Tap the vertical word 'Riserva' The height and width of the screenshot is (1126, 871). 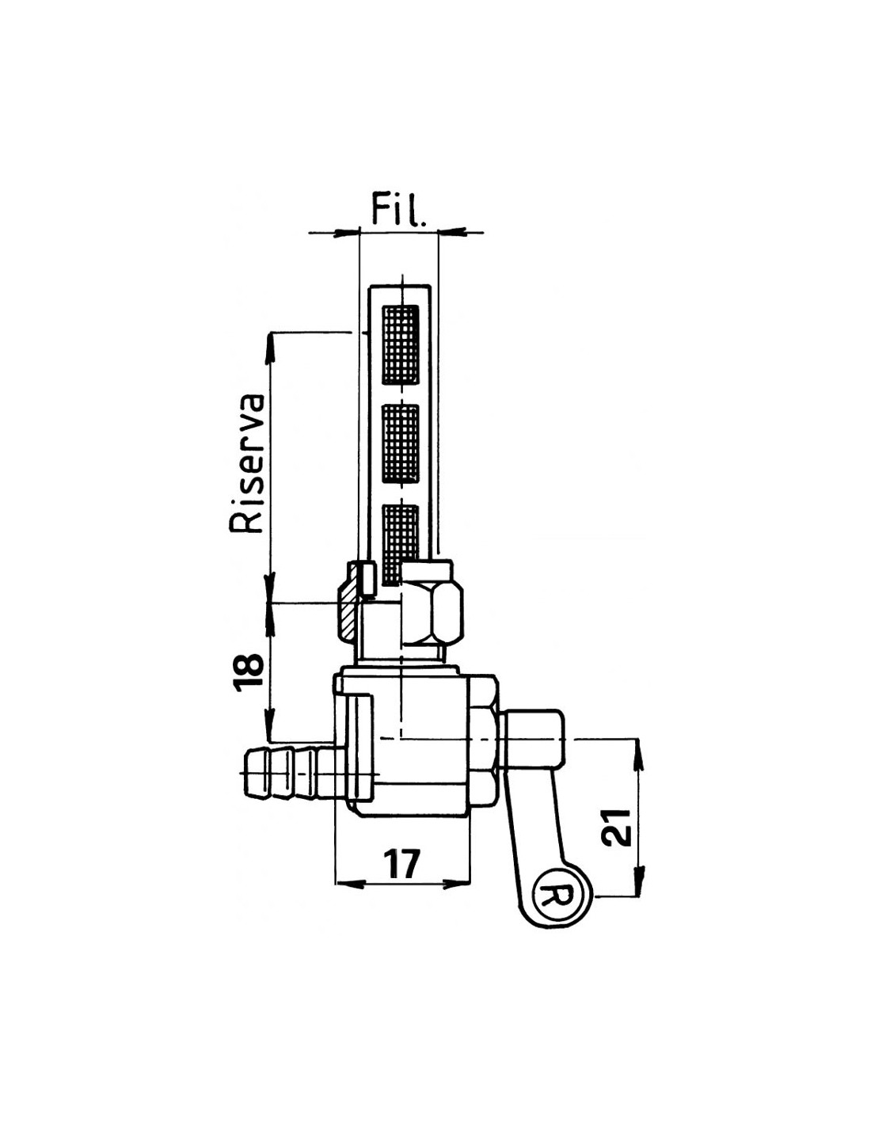[x=247, y=464]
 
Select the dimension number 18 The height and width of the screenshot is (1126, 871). [x=248, y=672]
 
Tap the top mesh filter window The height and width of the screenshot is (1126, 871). [x=400, y=344]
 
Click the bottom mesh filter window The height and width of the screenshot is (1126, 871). [x=400, y=544]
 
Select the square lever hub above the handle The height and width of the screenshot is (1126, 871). [x=533, y=739]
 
